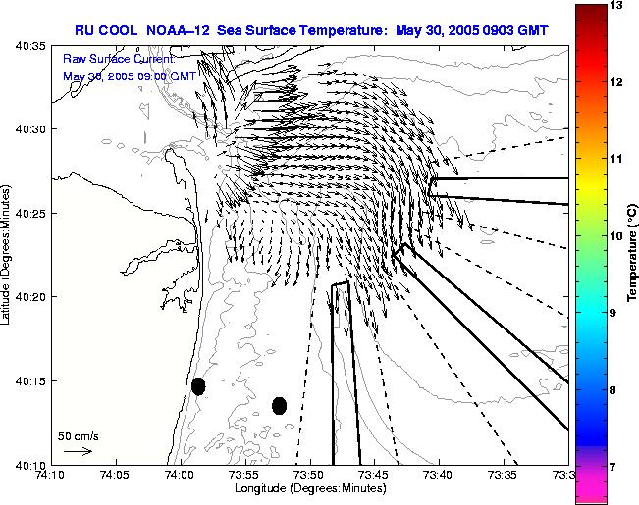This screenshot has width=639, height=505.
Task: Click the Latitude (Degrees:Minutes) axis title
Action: (9, 255)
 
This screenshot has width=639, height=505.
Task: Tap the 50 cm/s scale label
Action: (78, 435)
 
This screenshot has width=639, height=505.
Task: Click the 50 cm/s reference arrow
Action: (78, 451)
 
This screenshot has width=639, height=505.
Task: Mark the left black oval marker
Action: (198, 385)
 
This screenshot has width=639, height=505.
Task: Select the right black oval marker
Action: (280, 405)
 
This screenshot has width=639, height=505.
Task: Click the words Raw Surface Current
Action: (117, 59)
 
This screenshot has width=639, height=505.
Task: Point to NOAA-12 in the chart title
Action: (187, 30)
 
